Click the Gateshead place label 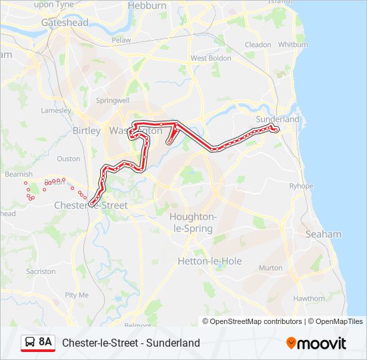[65, 23]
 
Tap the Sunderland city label [278, 119]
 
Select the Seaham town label [323, 234]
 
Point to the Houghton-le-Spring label [192, 223]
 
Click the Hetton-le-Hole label [210, 261]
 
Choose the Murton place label [270, 267]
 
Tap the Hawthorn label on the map [308, 299]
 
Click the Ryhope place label [301, 186]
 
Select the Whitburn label [293, 45]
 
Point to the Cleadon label [258, 45]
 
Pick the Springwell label [113, 101]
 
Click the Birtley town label [86, 131]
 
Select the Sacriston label [41, 271]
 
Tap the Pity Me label [77, 295]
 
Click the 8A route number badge [37, 343]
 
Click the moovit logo [316, 343]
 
